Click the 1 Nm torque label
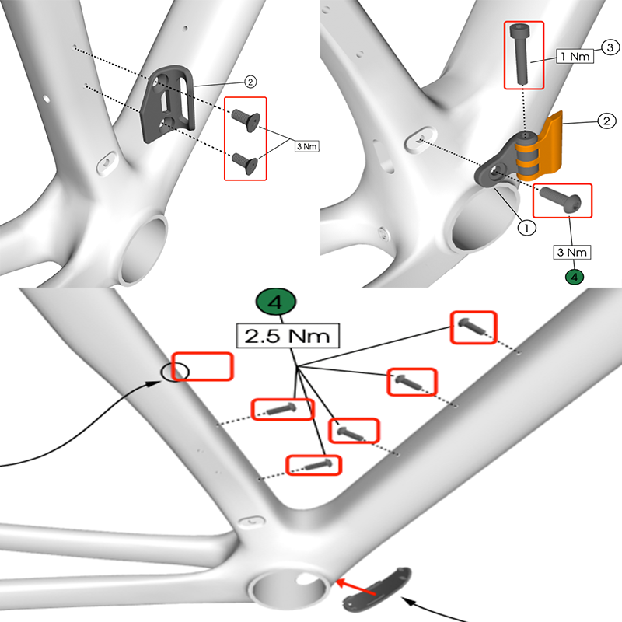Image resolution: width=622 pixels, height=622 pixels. pos(575,57)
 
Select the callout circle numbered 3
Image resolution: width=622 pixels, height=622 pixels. pos(610,48)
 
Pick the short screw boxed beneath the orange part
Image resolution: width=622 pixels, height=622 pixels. pos(557,198)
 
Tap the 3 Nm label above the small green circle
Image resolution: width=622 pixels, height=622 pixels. pos(574,252)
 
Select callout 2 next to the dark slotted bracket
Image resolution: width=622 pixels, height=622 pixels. pos(250,81)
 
